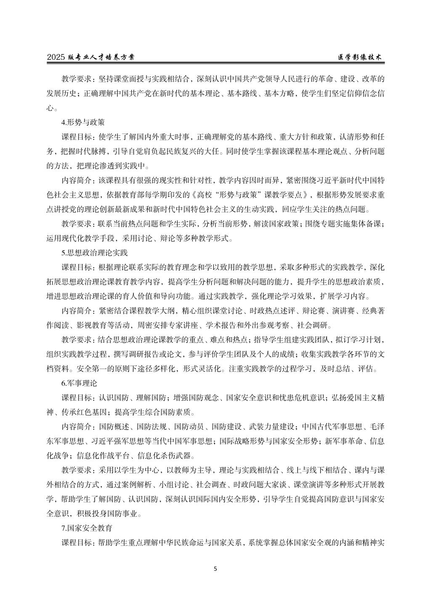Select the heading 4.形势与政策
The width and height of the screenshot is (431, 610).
83,123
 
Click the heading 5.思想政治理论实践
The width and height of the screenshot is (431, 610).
94,253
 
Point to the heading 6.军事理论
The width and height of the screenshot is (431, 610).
79,383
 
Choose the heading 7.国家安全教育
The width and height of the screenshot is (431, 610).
87,528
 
